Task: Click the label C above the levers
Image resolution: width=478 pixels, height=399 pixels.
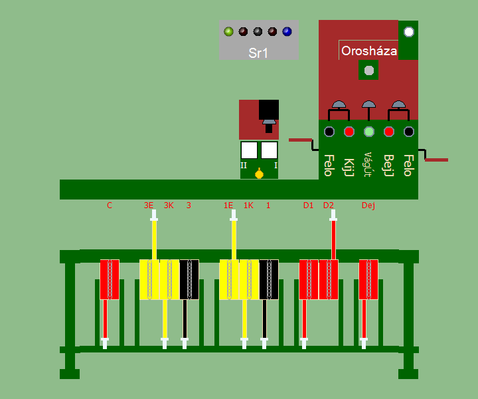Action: [x=110, y=205]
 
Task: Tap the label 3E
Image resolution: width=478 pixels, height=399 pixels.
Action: [x=149, y=205]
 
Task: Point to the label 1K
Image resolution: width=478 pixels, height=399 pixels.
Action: [x=248, y=205]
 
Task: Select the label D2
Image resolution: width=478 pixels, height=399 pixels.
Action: [x=328, y=205]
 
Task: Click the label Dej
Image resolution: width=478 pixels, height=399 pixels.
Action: [x=368, y=205]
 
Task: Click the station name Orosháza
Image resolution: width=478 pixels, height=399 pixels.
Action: [x=368, y=51]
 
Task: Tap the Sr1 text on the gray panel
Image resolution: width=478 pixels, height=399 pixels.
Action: [x=258, y=53]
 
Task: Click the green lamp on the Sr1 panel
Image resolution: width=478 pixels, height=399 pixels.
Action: [x=228, y=31]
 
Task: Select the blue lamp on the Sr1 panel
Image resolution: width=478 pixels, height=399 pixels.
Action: [x=287, y=31]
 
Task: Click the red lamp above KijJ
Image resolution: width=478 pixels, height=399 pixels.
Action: [x=349, y=132]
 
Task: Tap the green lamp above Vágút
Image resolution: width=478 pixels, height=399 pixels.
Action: [x=369, y=132]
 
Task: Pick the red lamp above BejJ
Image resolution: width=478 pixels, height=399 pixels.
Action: [x=389, y=132]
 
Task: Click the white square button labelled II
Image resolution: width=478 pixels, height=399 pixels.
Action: [x=249, y=150]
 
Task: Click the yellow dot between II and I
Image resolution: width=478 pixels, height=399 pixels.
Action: [x=259, y=174]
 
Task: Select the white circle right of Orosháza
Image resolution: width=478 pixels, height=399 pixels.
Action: [x=408, y=32]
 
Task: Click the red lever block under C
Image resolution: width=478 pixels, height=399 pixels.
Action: [x=110, y=279]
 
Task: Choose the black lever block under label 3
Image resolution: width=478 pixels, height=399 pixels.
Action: [x=189, y=279]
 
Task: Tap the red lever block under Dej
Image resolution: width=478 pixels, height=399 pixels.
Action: [x=368, y=279]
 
